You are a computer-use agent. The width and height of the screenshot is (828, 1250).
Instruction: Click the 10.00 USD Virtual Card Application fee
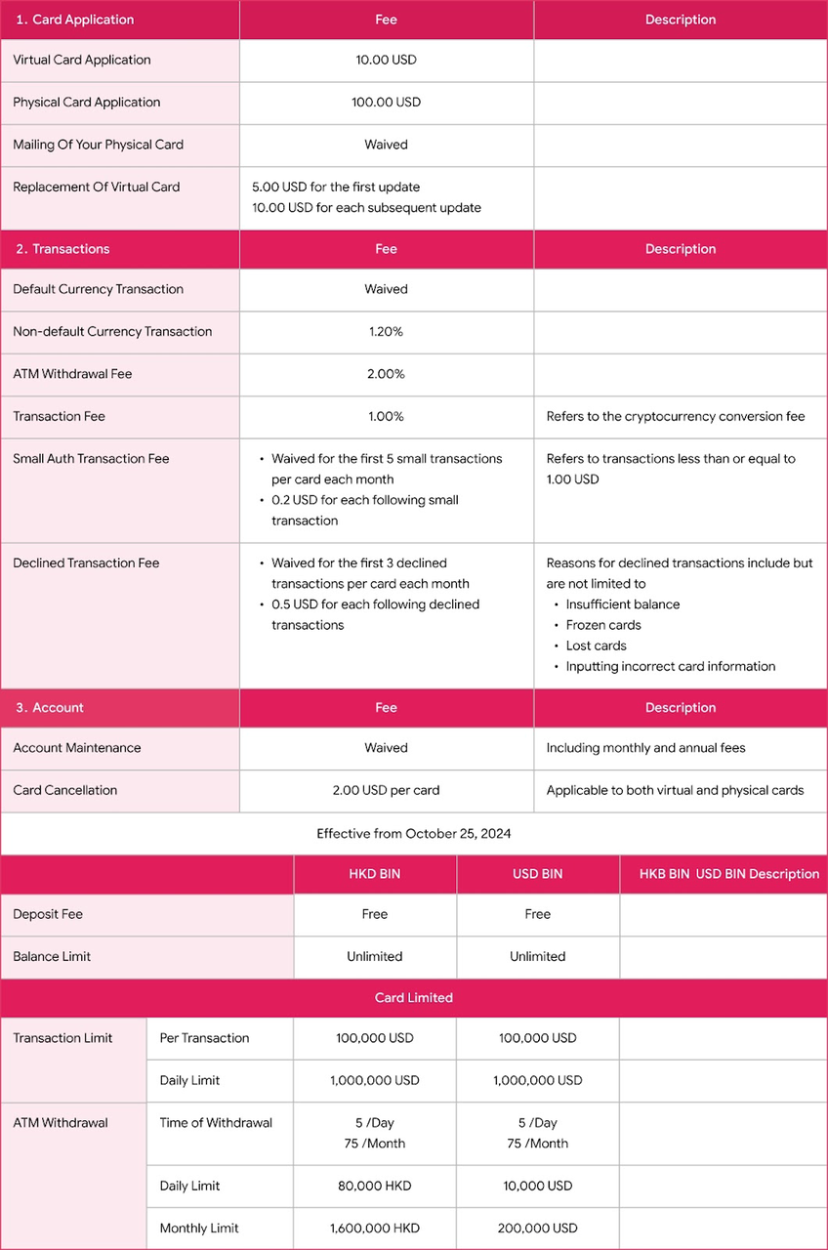click(386, 60)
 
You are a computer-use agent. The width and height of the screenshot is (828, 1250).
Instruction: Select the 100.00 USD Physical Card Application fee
click(386, 103)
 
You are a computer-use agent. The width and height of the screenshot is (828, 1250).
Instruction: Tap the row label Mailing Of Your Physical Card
click(98, 145)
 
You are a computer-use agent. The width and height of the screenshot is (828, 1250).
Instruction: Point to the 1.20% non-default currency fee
click(386, 332)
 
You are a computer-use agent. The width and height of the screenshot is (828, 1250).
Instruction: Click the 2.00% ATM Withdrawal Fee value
click(386, 374)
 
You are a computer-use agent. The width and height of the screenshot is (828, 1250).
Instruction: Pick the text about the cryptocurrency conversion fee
click(675, 417)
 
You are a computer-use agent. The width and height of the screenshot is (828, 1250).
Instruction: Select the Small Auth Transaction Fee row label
click(91, 459)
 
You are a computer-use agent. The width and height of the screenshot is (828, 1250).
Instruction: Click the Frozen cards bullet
click(603, 625)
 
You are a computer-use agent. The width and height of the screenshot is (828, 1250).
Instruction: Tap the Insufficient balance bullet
click(623, 604)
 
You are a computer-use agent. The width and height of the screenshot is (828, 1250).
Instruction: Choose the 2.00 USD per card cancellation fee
click(386, 790)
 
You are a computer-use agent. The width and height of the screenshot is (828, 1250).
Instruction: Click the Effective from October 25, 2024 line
click(414, 834)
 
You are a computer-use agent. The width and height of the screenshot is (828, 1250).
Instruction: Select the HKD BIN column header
click(375, 874)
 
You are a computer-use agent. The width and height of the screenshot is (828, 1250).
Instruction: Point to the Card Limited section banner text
click(414, 998)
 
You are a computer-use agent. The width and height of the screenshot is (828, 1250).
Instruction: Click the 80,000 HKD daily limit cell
click(375, 1186)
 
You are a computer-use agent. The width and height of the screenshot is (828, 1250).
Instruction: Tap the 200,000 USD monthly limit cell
click(538, 1228)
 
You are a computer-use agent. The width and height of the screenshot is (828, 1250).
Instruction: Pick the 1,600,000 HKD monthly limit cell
click(375, 1228)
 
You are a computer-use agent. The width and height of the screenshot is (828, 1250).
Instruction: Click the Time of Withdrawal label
click(216, 1123)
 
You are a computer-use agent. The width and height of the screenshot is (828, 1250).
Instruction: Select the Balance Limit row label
click(52, 957)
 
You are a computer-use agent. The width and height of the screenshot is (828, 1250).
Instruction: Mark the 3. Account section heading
click(50, 708)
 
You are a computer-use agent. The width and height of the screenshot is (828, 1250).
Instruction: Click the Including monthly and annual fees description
click(645, 748)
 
